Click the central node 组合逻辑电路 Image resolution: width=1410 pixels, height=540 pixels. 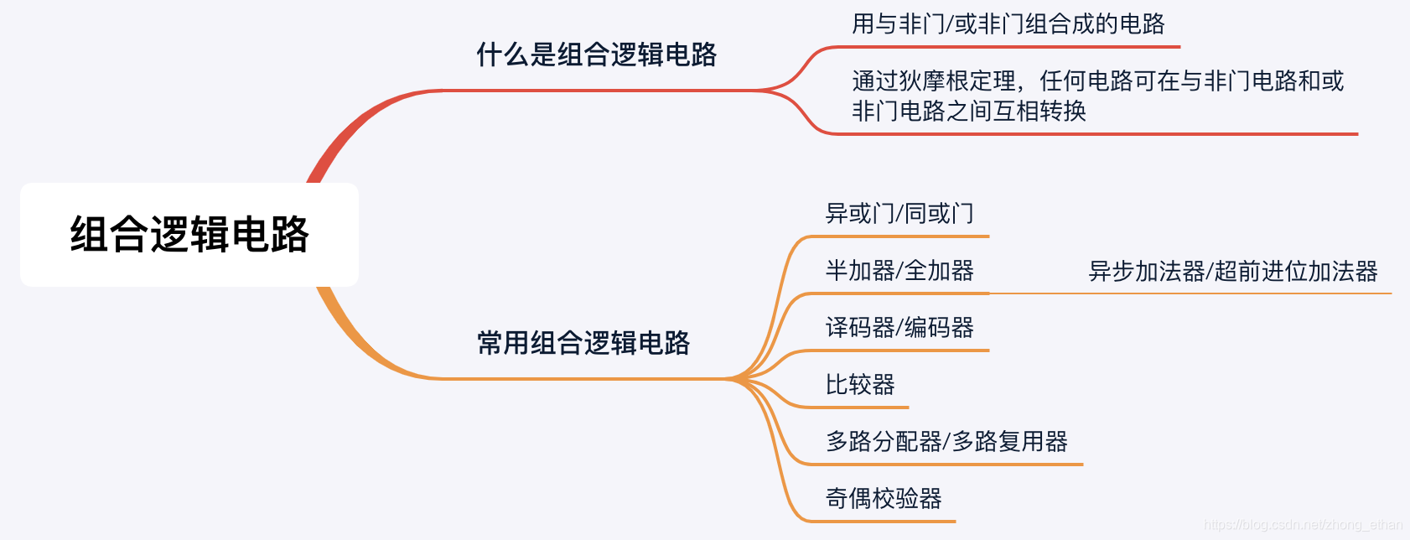pyautogui.click(x=189, y=235)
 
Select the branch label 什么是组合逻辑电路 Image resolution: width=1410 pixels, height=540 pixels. pyautogui.click(x=596, y=55)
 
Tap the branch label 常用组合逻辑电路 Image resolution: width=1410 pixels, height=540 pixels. pyautogui.click(x=583, y=343)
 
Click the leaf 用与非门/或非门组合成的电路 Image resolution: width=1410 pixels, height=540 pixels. pyautogui.click(x=1008, y=24)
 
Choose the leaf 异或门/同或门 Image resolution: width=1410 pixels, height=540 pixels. pyautogui.click(x=899, y=214)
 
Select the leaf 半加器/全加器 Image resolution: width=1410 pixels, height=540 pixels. pyautogui.click(x=899, y=271)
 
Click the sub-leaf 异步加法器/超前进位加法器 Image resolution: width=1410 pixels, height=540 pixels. pyautogui.click(x=1232, y=272)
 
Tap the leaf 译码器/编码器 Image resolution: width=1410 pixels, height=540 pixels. pyautogui.click(x=899, y=328)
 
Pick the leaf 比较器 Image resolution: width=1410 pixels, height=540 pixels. pyautogui.click(x=860, y=385)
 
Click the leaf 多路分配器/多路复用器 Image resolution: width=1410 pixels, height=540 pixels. pyautogui.click(x=946, y=442)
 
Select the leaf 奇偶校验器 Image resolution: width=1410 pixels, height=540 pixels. pyautogui.click(x=884, y=499)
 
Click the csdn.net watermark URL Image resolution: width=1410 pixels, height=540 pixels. pyautogui.click(x=1303, y=525)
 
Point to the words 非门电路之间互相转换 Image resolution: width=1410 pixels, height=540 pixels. pyautogui.click(x=969, y=112)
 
